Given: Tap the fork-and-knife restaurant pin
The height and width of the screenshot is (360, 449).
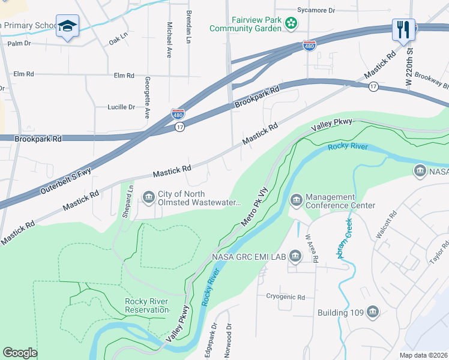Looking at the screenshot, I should coord(403,29).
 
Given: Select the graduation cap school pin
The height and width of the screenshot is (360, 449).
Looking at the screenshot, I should coord(66,26).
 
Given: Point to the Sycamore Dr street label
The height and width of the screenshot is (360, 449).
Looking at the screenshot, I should coord(315,10).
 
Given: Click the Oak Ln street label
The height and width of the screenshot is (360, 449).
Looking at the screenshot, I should coord(118,39).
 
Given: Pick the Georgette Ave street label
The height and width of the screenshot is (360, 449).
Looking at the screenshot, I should coord(146,97).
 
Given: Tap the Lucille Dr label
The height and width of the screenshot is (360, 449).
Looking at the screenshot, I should coord(121,107).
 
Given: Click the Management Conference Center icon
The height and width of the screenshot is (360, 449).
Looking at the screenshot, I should coord(295,200).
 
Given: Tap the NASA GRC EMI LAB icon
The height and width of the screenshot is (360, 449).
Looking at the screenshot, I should coord(295,257).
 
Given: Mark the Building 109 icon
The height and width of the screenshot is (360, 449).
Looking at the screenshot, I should coord(373,312).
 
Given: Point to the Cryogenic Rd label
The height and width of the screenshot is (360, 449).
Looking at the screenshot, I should coord(286,296).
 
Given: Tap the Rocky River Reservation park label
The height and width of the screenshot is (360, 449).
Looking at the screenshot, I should coord(146,305).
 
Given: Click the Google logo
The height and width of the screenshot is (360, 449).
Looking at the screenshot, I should coord(20,353).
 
